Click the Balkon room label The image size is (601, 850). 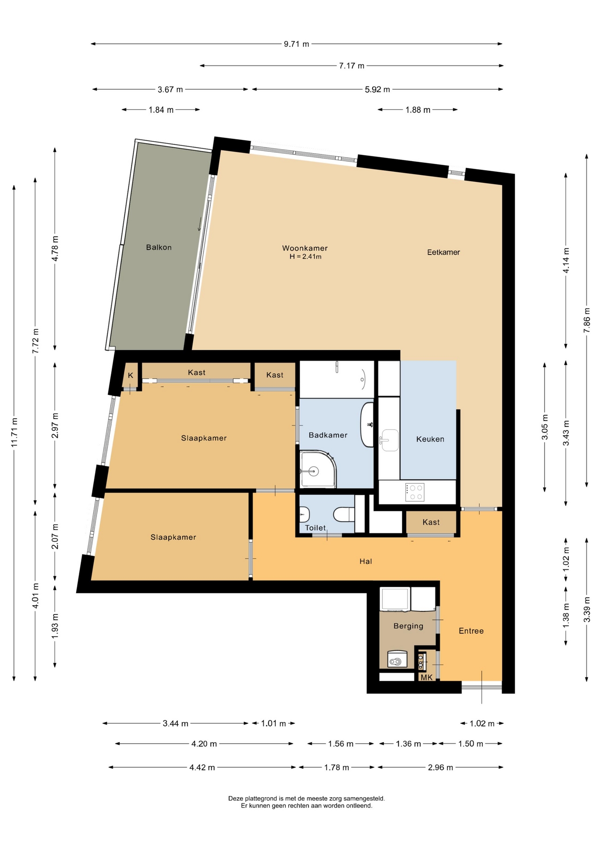tap(158, 247)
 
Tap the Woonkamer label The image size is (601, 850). tap(305, 248)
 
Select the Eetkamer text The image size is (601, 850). tap(443, 252)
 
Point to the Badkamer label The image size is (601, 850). tap(328, 435)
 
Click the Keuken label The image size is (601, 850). tap(430, 439)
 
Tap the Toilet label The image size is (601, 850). tap(316, 528)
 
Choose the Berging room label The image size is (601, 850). tap(408, 626)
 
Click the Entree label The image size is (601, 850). tap(471, 631)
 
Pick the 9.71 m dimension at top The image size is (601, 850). tap(297, 44)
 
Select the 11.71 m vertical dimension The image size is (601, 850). tap(14, 433)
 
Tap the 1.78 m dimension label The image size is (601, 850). tap(336, 767)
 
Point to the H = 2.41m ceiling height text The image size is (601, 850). tap(305, 257)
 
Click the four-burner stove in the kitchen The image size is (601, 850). tap(415, 492)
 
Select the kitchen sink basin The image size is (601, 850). tap(390, 440)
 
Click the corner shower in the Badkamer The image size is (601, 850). tap(318, 470)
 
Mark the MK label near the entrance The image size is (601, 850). tap(427, 677)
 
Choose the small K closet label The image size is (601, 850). tap(131, 375)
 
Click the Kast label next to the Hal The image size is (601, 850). tap(431, 522)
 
